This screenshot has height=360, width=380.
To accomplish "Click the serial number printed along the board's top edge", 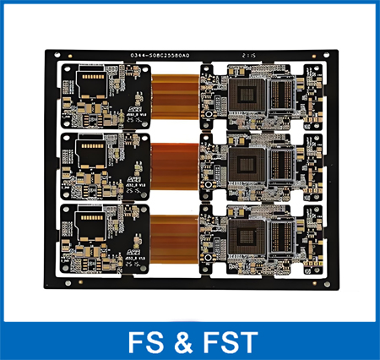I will [160, 55].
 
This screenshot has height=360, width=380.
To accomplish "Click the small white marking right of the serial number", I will [247, 55].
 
